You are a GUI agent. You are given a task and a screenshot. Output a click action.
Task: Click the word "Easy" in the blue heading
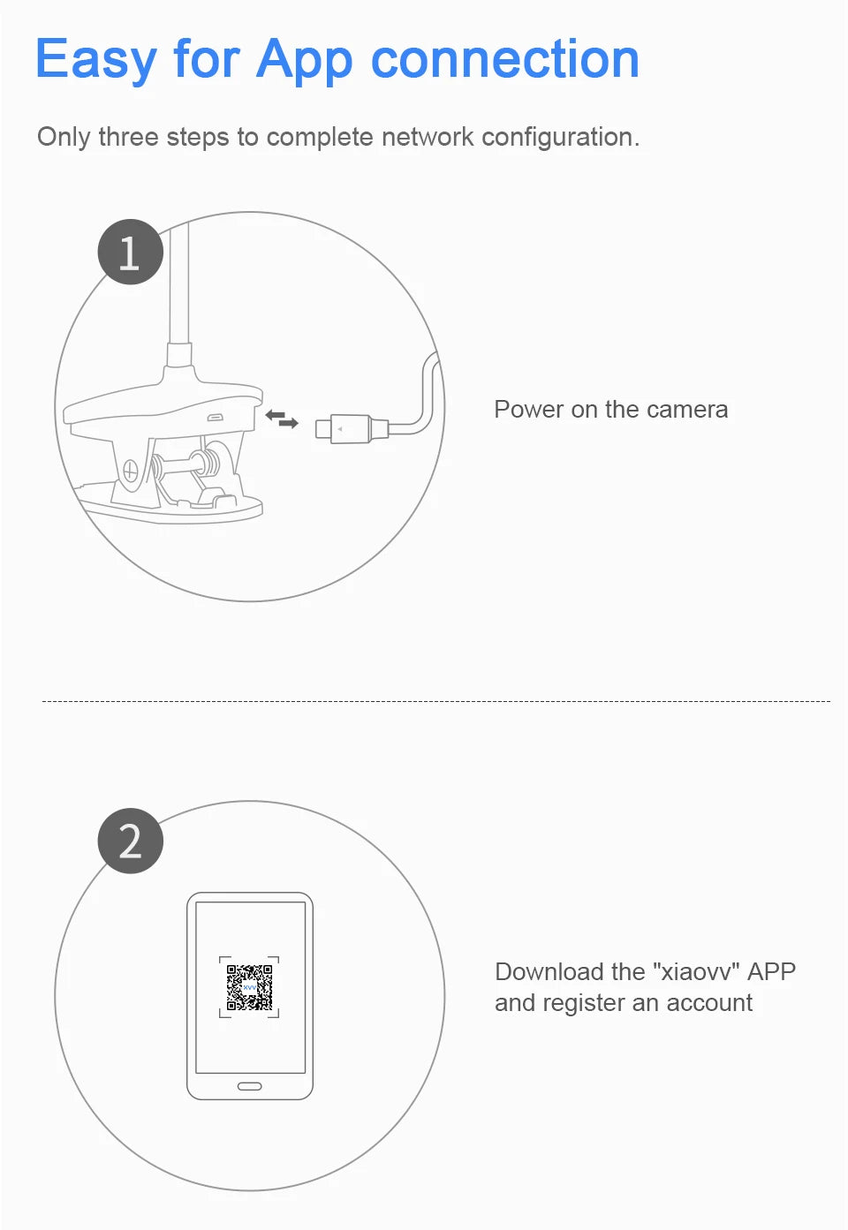pyautogui.click(x=96, y=59)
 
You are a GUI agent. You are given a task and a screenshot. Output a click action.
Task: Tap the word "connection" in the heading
pyautogui.click(x=505, y=58)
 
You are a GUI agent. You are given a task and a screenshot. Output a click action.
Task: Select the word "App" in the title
pyautogui.click(x=304, y=60)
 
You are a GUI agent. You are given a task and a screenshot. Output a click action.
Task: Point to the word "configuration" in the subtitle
pyautogui.click(x=556, y=137)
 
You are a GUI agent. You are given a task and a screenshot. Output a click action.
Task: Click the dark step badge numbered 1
pyautogui.click(x=130, y=252)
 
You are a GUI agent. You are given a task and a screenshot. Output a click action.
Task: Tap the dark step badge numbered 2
pyautogui.click(x=130, y=841)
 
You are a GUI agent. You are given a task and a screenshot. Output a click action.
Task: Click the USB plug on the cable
pyautogui.click(x=352, y=428)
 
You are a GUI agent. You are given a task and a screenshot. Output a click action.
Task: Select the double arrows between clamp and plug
pyautogui.click(x=282, y=419)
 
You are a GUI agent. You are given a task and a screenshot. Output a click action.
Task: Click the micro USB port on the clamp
pyautogui.click(x=215, y=418)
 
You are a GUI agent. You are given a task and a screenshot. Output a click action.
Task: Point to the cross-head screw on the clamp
pyautogui.click(x=130, y=470)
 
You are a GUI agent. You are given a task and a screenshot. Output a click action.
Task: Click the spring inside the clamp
pyautogui.click(x=206, y=463)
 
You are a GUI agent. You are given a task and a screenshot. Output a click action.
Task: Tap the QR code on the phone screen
pyautogui.click(x=249, y=987)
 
